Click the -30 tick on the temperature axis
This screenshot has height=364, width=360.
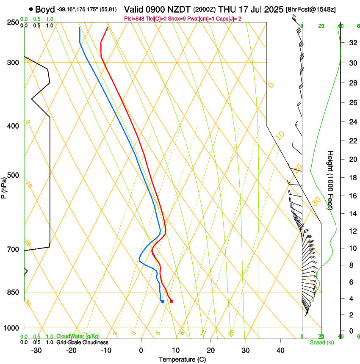(36, 350)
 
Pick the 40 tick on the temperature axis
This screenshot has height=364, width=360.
(280, 350)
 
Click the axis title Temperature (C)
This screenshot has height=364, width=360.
(182, 359)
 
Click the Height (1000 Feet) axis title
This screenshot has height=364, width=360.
(331, 180)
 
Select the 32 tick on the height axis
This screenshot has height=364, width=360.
(352, 43)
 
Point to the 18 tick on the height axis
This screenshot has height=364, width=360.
(352, 178)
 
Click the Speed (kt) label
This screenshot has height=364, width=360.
(321, 342)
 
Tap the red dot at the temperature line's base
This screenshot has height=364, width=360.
(171, 301)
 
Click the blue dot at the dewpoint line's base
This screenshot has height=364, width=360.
(162, 301)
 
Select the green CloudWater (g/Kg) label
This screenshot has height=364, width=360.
(78, 336)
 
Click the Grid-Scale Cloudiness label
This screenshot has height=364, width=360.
(82, 342)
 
